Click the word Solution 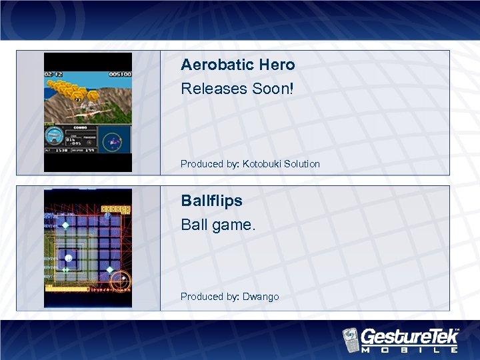(x=301, y=164)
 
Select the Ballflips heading (x=211, y=201)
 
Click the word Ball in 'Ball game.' (x=194, y=225)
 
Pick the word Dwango (x=261, y=297)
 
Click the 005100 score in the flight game (x=120, y=75)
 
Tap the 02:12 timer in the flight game (x=53, y=75)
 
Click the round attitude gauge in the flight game (x=53, y=137)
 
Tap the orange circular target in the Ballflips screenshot (x=120, y=283)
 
